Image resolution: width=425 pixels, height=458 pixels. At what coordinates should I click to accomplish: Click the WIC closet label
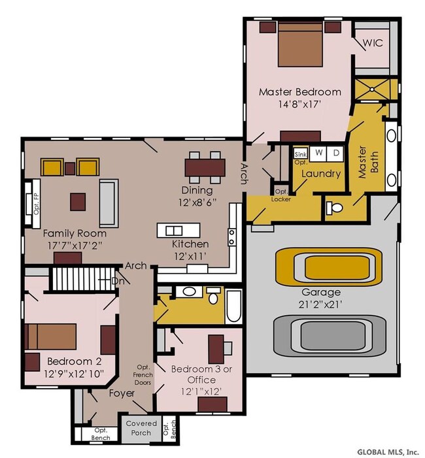click(373, 42)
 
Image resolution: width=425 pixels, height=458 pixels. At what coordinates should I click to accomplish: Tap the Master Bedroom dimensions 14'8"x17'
click(300, 104)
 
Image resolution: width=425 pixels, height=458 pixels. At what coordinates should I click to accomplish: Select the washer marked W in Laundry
click(318, 153)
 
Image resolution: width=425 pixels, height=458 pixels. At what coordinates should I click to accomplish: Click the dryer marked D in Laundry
click(336, 153)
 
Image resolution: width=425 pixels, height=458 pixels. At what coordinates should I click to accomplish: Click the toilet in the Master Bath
click(333, 208)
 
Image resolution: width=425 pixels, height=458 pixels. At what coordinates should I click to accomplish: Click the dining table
click(205, 167)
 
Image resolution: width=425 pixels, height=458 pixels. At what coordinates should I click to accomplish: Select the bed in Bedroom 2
click(52, 336)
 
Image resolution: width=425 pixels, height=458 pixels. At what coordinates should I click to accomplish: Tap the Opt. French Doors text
click(144, 375)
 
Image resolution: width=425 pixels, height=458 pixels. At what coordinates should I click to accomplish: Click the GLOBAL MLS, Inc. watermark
click(388, 451)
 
